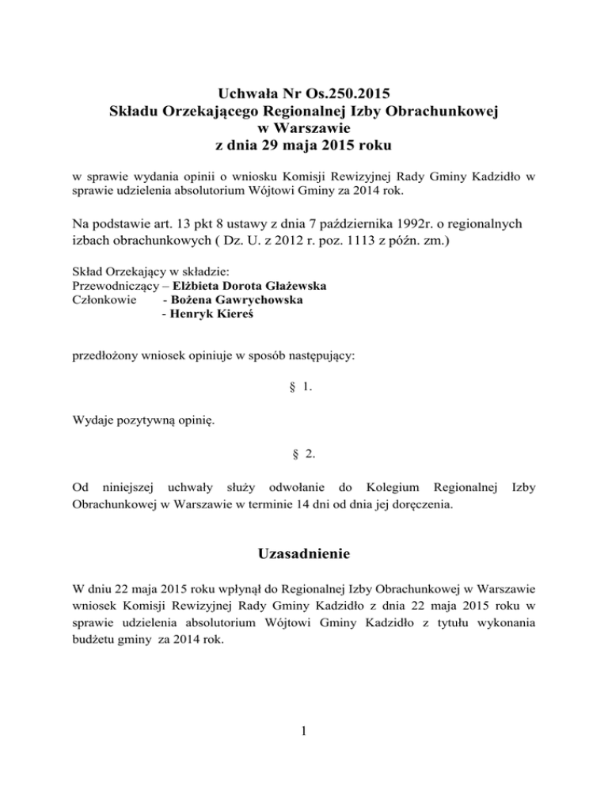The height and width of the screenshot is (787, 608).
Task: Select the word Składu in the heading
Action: (135, 112)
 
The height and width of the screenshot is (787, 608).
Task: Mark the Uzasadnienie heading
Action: (304, 557)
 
